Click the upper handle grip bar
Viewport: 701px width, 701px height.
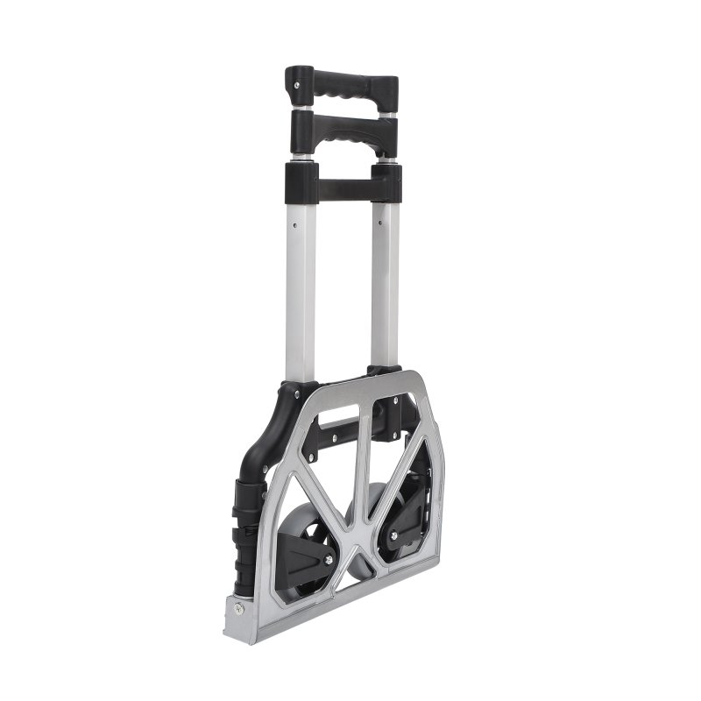coord(342,86)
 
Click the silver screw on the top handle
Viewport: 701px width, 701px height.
coord(297,85)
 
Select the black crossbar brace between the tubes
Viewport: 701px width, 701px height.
coord(343,187)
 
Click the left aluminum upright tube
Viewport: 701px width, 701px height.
coord(300,289)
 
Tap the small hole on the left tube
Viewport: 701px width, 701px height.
coord(295,223)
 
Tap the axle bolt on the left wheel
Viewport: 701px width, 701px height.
coord(328,559)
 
